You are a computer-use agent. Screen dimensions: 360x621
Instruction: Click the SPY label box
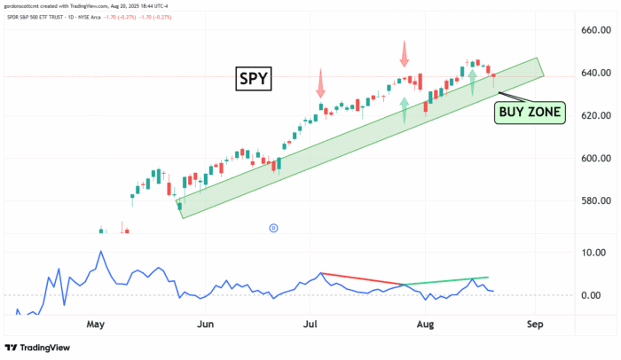coord(254,80)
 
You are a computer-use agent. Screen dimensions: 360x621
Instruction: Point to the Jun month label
coord(205,325)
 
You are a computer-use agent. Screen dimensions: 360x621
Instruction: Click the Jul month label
coord(310,325)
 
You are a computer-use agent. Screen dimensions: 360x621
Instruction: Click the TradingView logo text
coord(40,348)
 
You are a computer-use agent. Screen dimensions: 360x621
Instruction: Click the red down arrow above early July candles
coord(319,85)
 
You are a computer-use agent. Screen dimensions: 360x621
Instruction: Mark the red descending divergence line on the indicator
coord(363,278)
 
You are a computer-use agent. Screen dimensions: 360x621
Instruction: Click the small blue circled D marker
coord(273,228)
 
